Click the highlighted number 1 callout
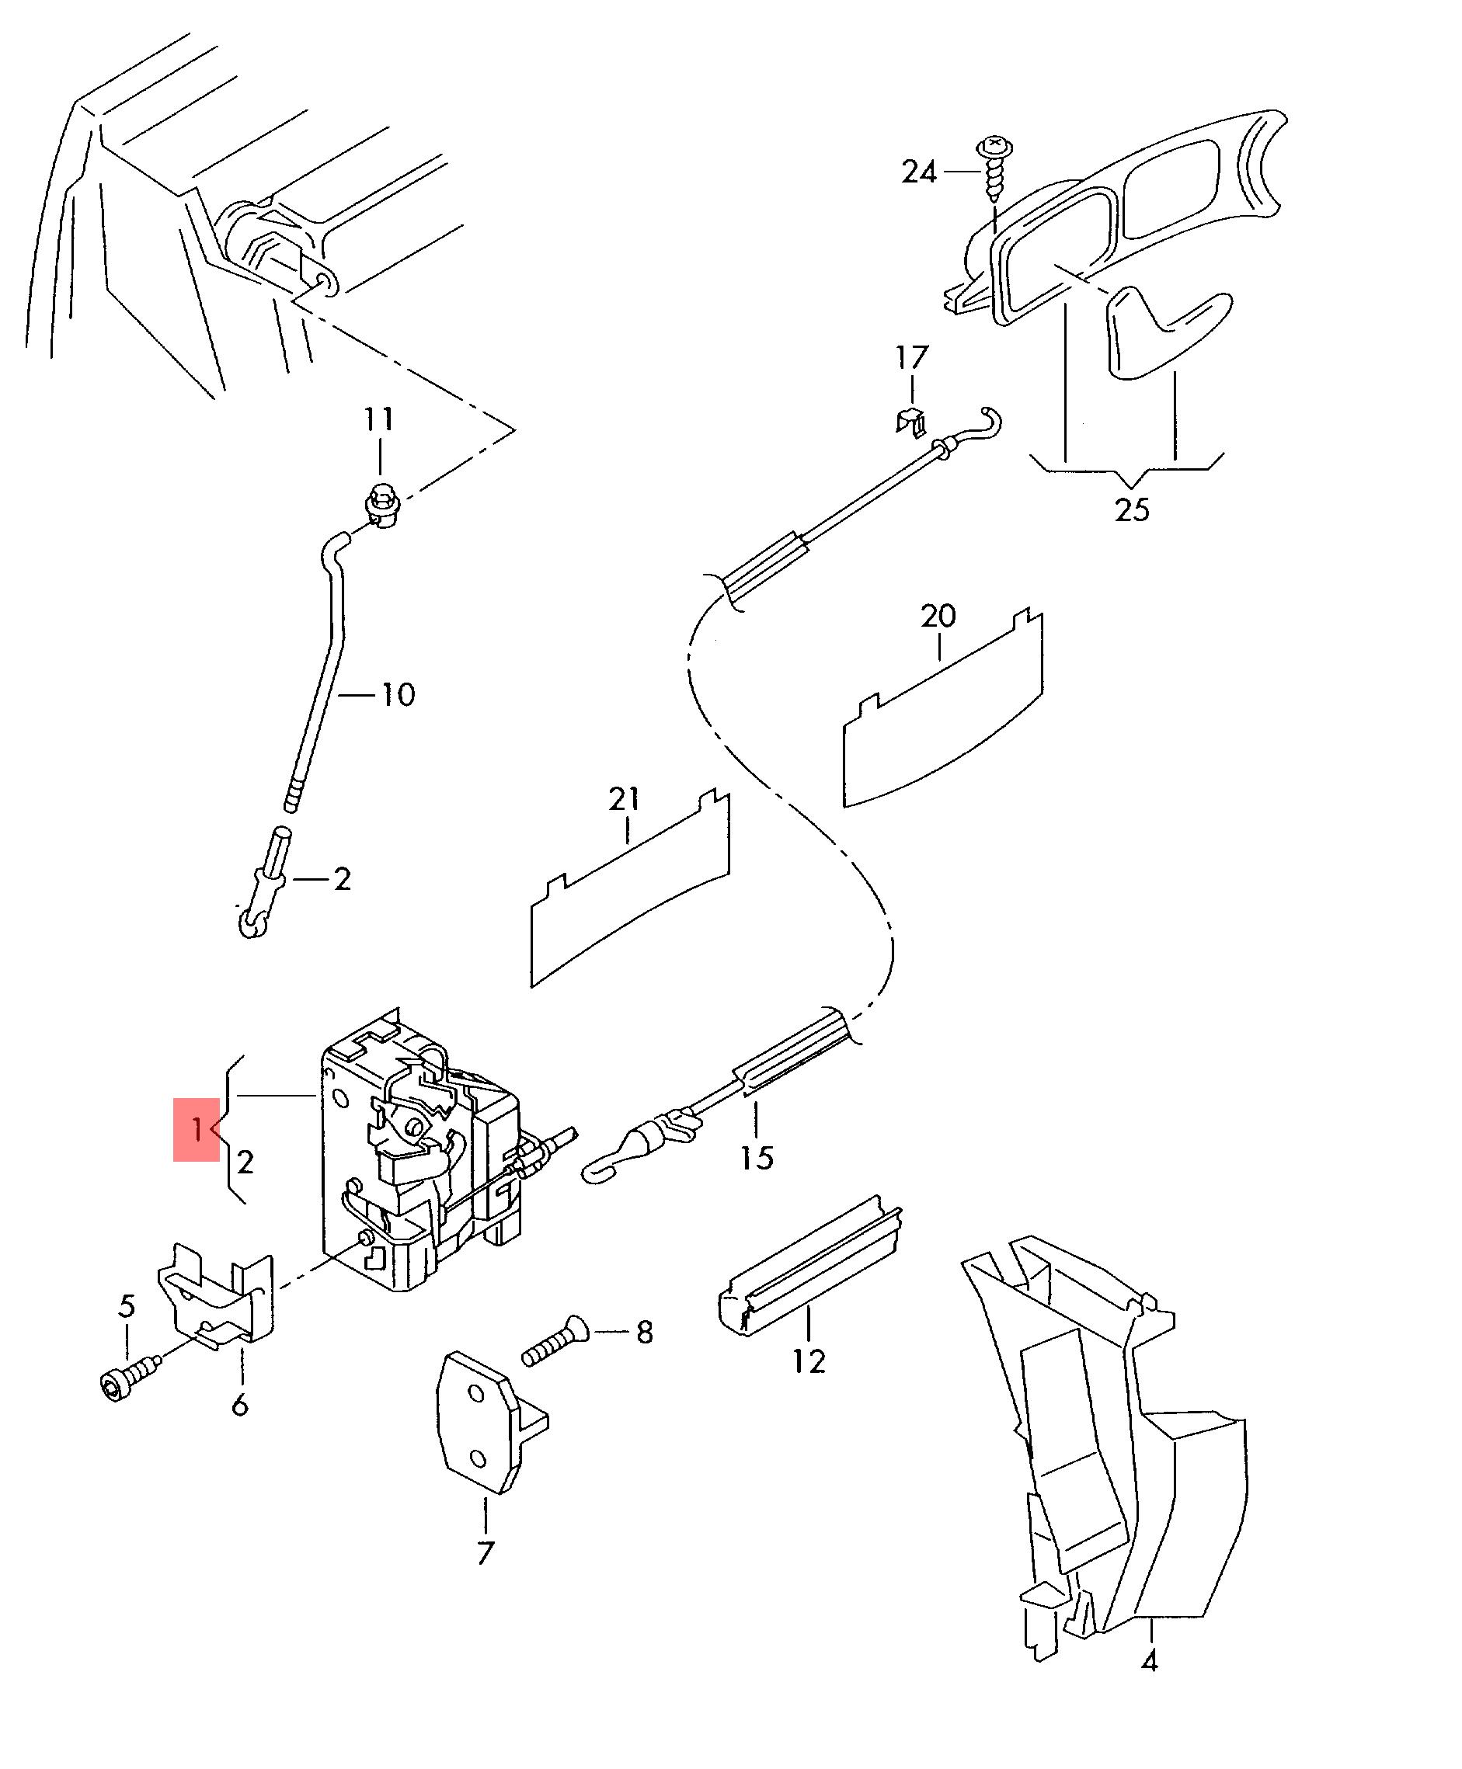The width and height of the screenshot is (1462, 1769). click(x=197, y=1129)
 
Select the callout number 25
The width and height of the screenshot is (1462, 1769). click(x=1131, y=509)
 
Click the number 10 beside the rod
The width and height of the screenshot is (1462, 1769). click(x=398, y=695)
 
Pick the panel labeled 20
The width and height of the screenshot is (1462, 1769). click(x=943, y=709)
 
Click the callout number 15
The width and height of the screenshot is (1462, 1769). click(x=757, y=1159)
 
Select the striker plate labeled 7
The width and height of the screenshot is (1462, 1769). click(x=490, y=1423)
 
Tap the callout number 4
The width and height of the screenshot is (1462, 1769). click(x=1149, y=1661)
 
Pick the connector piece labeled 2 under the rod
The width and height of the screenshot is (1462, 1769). click(x=263, y=882)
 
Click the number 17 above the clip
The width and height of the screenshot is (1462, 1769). click(x=911, y=358)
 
